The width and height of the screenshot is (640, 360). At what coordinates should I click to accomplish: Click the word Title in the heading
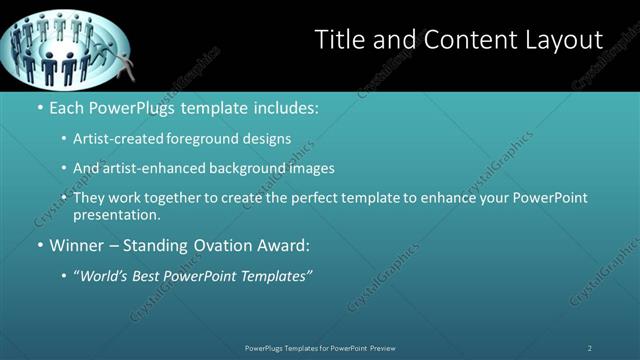pos(337,40)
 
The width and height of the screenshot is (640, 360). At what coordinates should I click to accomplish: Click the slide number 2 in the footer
pos(590,347)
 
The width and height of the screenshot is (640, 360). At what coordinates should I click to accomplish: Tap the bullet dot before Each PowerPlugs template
pos(39,106)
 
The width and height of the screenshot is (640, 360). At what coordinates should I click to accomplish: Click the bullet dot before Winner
pos(39,245)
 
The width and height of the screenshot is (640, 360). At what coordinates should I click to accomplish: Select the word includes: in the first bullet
pos(291,106)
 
